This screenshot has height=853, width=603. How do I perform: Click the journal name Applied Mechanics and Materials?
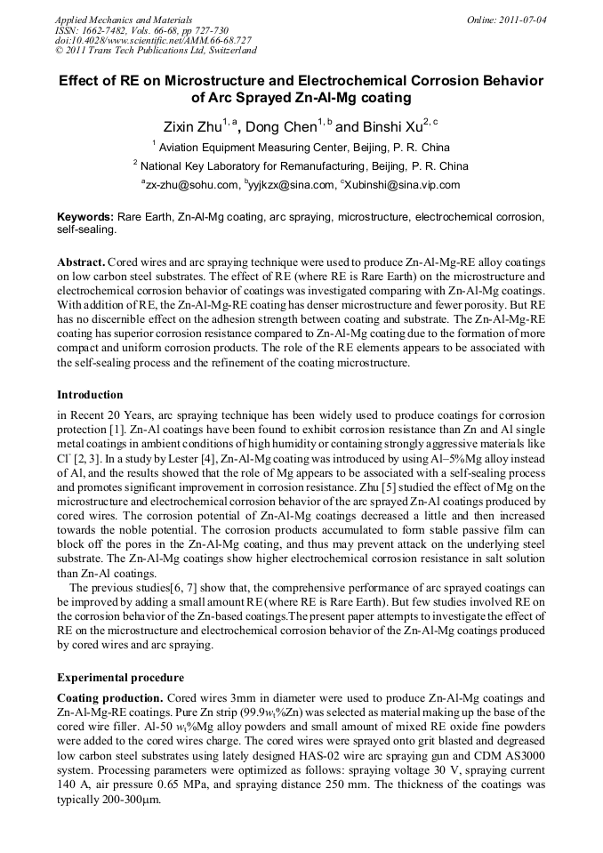click(124, 19)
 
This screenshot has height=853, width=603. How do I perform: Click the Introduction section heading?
click(90, 394)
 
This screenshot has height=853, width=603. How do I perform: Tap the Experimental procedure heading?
click(120, 677)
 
